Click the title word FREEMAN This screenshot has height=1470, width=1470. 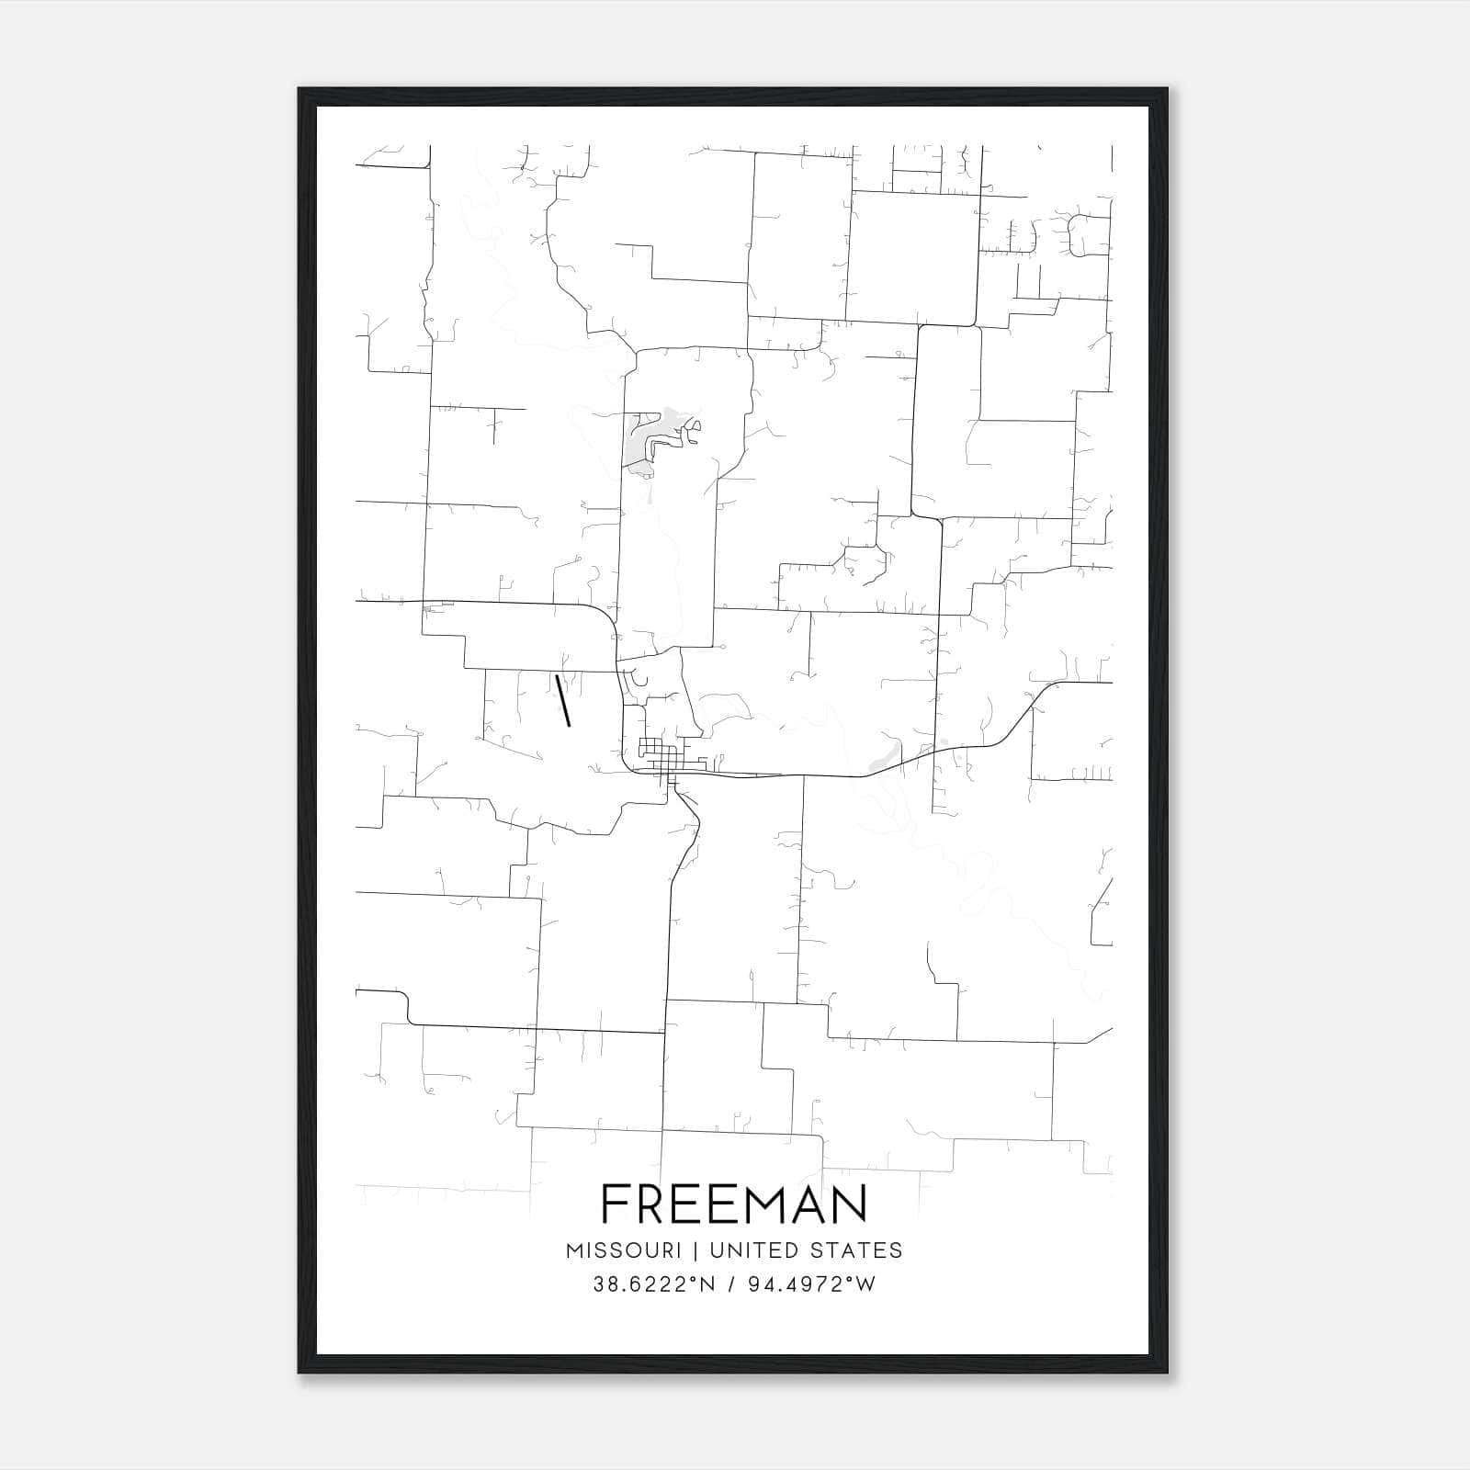[x=734, y=1204]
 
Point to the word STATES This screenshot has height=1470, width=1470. [x=855, y=1250]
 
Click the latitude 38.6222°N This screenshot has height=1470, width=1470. [x=653, y=1284]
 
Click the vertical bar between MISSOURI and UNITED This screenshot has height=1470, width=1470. [x=695, y=1250]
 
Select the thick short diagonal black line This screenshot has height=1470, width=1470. [x=563, y=700]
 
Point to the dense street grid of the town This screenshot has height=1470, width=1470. [x=654, y=755]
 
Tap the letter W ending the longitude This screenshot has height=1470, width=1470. [x=865, y=1284]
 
